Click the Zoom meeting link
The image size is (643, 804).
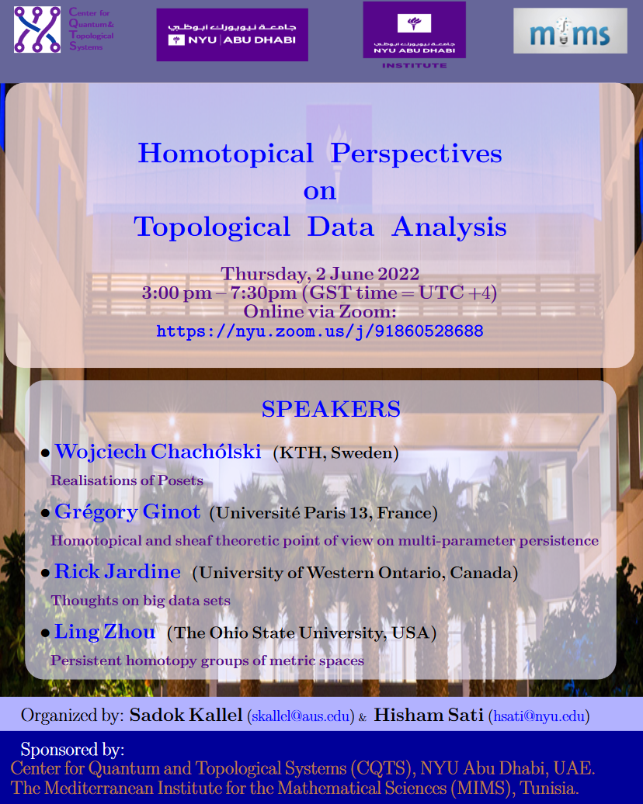(320, 331)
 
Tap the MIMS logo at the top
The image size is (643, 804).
(570, 31)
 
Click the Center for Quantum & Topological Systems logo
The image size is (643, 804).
(64, 29)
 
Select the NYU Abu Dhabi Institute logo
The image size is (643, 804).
(414, 35)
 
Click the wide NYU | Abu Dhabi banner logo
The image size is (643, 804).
(232, 34)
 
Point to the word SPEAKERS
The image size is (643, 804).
(331, 409)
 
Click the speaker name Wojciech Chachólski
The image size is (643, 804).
(158, 452)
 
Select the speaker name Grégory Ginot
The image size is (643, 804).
(127, 512)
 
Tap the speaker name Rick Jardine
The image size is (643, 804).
(117, 572)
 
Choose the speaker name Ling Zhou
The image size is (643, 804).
(105, 632)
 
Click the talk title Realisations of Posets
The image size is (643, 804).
(127, 480)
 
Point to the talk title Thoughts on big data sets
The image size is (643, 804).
(141, 601)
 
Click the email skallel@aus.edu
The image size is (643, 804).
(301, 716)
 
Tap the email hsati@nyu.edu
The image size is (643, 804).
(539, 716)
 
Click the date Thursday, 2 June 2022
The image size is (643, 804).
(320, 274)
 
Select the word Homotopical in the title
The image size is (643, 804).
(225, 154)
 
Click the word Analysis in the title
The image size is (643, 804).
(449, 227)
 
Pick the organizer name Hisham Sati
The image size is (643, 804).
(429, 715)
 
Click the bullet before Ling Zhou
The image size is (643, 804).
(45, 634)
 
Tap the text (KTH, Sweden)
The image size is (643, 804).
(335, 453)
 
